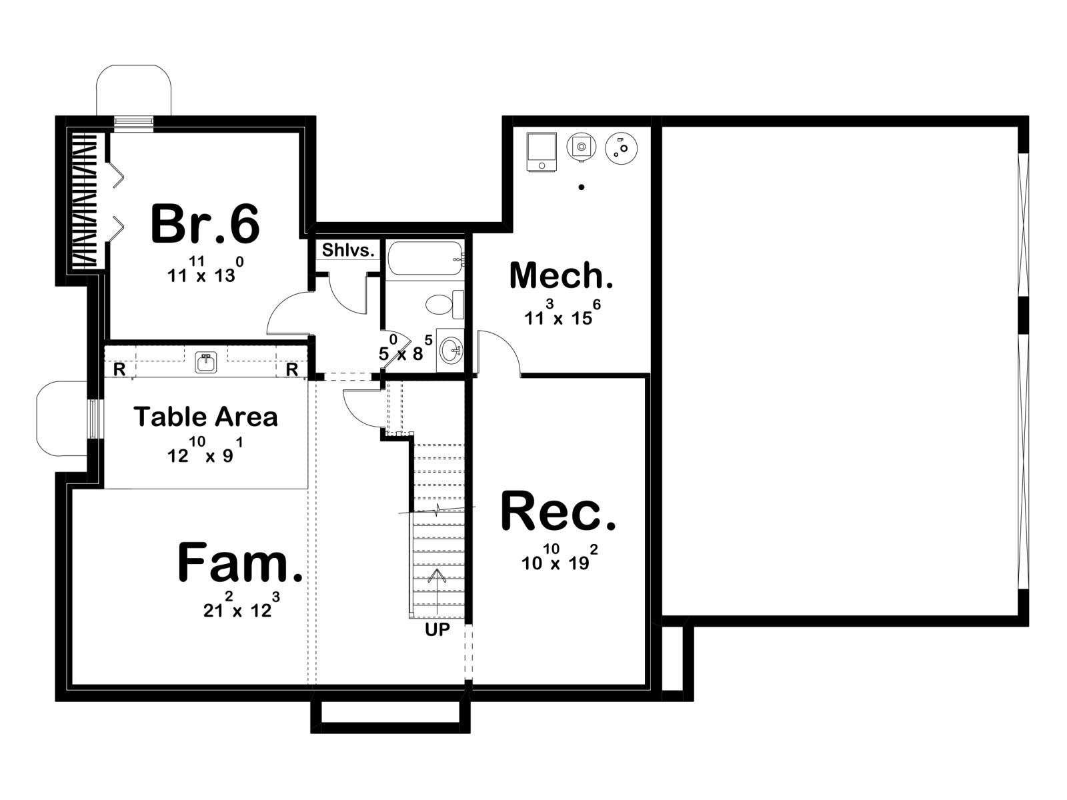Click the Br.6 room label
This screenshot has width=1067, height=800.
point(205,224)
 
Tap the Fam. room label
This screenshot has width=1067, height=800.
point(239,562)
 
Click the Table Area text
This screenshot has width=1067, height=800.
point(205,417)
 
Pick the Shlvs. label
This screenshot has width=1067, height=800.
point(348,250)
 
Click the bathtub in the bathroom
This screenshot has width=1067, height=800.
point(425,259)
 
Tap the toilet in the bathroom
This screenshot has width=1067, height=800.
point(444,305)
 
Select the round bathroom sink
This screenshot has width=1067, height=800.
point(451,350)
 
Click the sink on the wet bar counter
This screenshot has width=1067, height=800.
point(206,363)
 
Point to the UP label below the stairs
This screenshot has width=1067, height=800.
point(437,629)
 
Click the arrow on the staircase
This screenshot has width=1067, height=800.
point(437,591)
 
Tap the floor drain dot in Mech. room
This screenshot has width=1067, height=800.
point(582,187)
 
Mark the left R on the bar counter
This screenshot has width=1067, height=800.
point(119,369)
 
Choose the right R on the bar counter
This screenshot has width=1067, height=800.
point(291,369)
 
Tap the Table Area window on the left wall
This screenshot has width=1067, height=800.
point(94,419)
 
